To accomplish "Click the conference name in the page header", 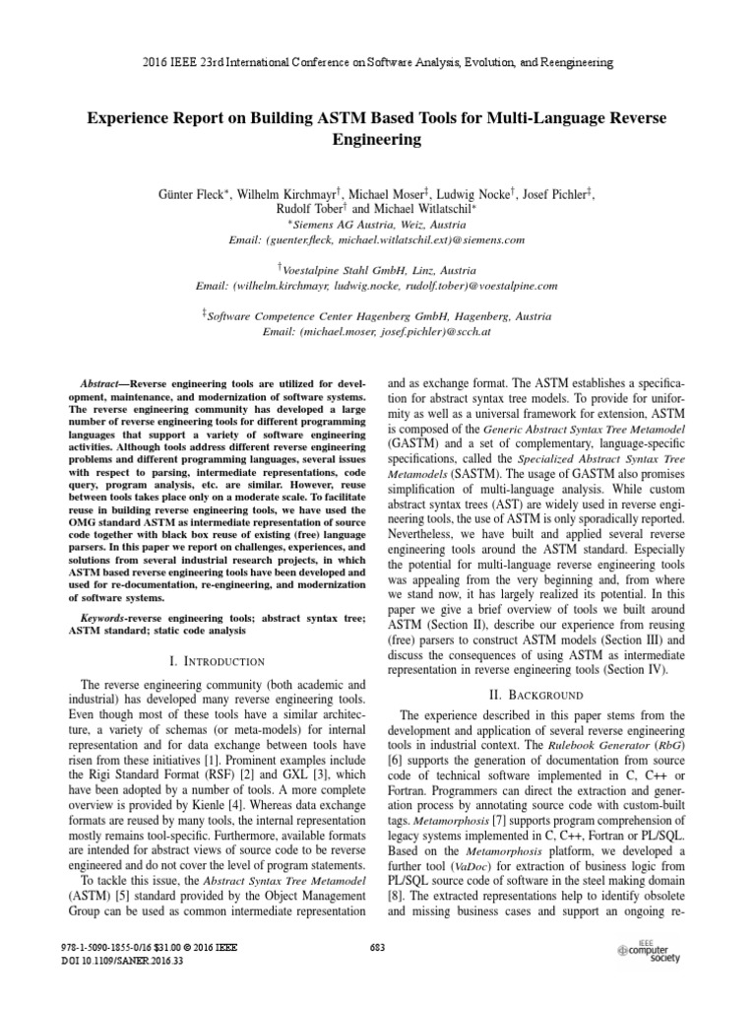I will [x=377, y=62].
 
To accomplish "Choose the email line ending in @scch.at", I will [x=377, y=332].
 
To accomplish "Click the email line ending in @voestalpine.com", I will [x=377, y=286].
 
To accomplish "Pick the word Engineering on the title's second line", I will [x=377, y=140].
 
